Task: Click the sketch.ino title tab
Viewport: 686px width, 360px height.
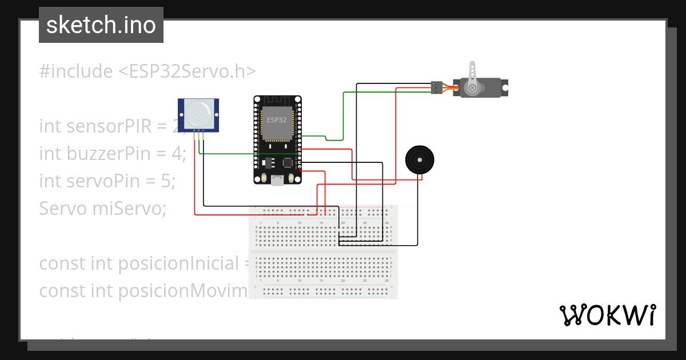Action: click(101, 25)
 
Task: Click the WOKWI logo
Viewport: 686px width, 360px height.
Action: click(607, 315)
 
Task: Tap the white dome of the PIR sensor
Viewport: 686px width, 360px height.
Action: click(198, 113)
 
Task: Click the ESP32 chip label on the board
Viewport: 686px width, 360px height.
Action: click(277, 120)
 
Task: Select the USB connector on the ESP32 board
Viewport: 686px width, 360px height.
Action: click(278, 181)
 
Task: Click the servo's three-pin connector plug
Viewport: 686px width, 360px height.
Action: click(437, 87)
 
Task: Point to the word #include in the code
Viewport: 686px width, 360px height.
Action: click(76, 71)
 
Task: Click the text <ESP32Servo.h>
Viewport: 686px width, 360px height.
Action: click(187, 71)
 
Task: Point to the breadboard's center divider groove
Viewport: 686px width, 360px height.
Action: click(324, 251)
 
